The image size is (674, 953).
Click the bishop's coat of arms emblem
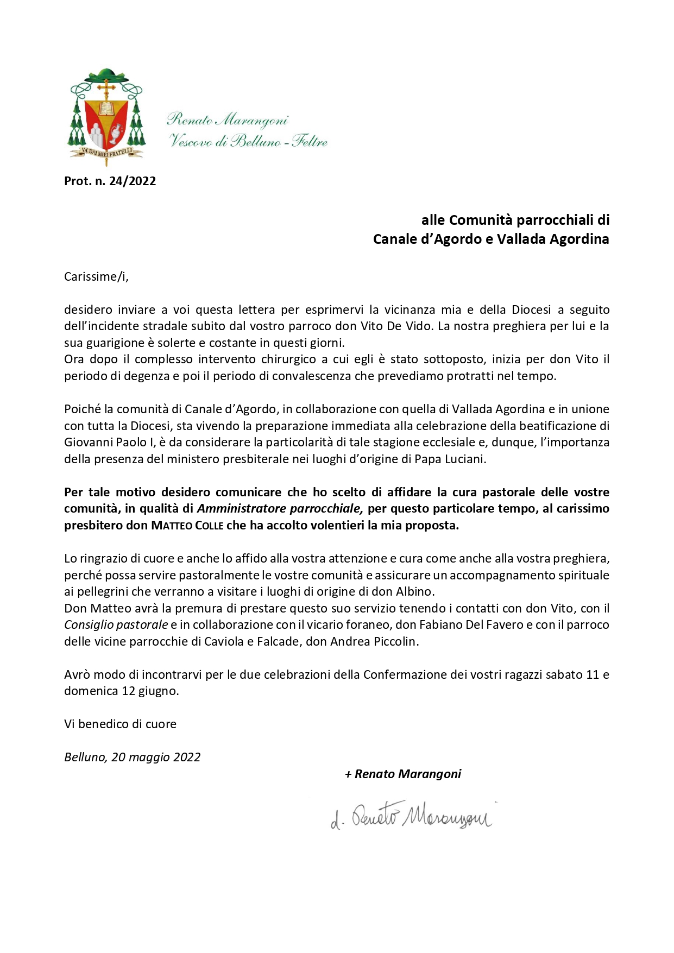pyautogui.click(x=106, y=117)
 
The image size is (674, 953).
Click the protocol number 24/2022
pyautogui.click(x=110, y=181)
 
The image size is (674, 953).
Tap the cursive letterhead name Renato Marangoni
pyautogui.click(x=227, y=119)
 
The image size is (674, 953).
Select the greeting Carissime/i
pyautogui.click(x=96, y=276)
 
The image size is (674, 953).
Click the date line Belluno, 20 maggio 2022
pyautogui.click(x=132, y=757)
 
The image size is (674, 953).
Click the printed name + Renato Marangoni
pyautogui.click(x=403, y=774)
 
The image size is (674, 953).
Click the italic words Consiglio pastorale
pyautogui.click(x=116, y=625)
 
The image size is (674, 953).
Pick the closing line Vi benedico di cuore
pyautogui.click(x=120, y=724)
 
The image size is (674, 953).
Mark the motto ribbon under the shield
pyautogui.click(x=106, y=152)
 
